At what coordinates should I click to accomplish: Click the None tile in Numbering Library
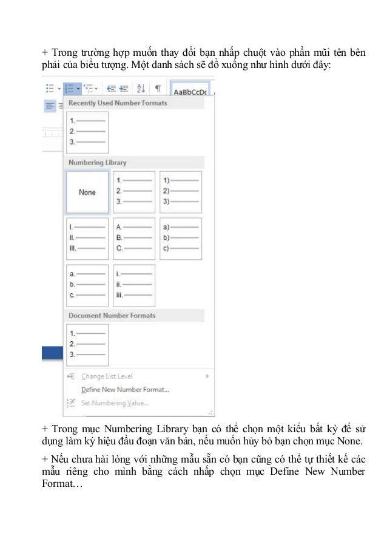87,192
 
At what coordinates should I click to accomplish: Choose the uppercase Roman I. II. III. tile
87,239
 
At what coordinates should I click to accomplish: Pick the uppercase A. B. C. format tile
134,239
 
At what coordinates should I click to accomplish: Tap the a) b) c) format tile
181,239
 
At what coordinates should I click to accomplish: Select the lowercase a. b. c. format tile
87,285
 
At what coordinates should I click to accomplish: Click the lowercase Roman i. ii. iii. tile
134,285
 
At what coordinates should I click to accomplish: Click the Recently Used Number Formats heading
118,103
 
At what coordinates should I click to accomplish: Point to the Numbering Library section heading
97,163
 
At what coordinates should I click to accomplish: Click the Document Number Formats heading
112,316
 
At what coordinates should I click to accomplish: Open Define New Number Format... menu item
125,390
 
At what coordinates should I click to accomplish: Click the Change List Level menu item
107,376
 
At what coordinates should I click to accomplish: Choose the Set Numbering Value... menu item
115,403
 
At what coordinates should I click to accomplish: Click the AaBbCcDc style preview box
190,91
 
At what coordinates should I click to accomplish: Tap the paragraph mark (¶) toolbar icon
158,88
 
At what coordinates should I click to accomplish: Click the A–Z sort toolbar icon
141,88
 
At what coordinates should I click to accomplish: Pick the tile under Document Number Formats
87,345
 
